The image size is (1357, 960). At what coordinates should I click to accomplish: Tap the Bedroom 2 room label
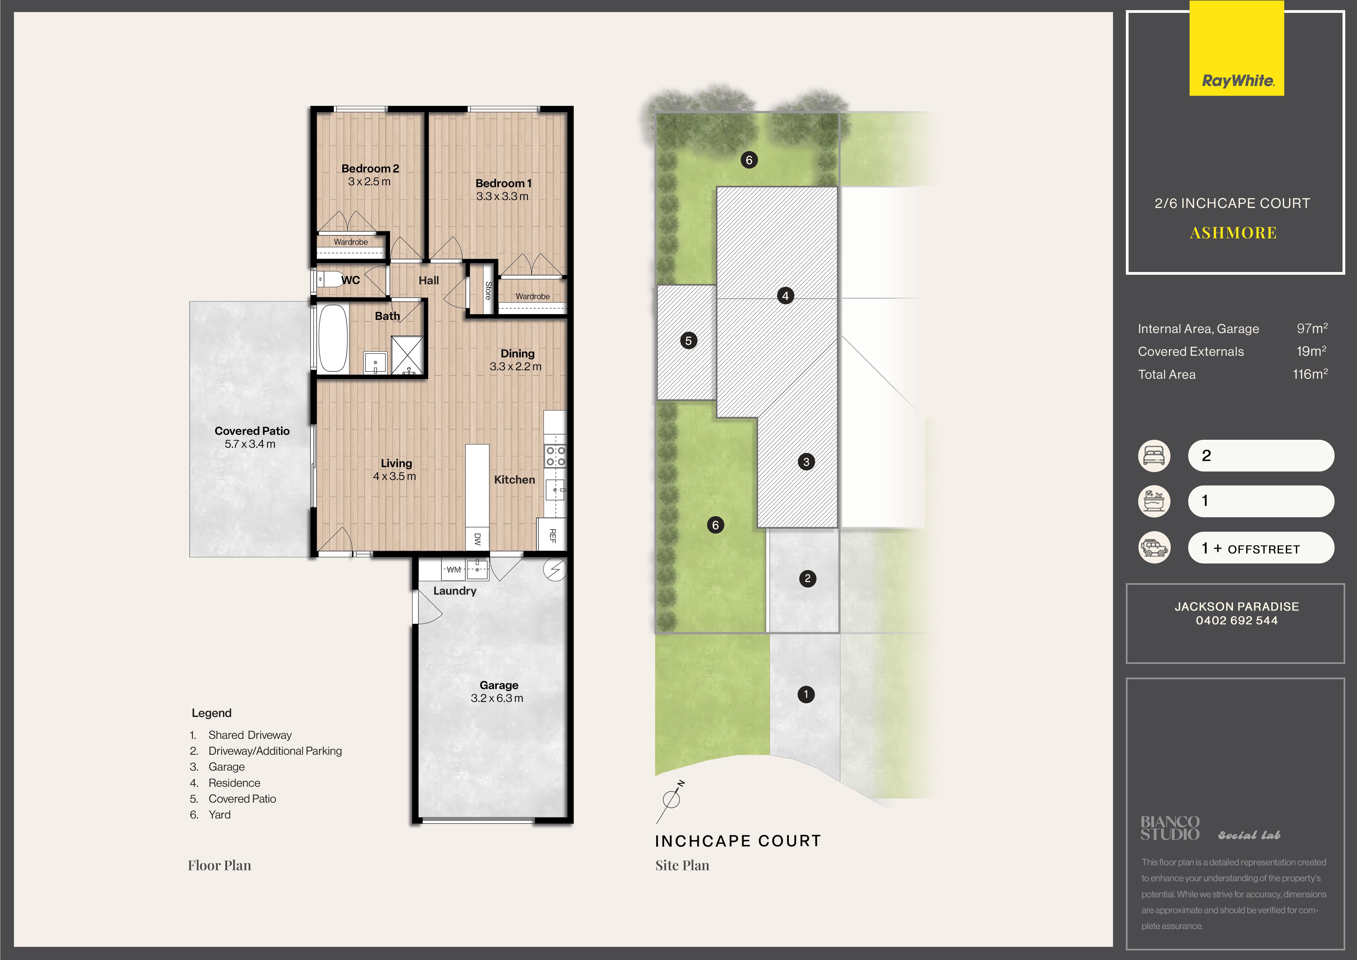[x=370, y=169]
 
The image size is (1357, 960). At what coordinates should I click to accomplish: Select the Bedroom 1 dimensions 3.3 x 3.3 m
[x=502, y=196]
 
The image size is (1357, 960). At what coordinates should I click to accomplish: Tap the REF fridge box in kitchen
[x=551, y=535]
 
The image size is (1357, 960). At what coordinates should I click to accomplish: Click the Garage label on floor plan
[x=499, y=685]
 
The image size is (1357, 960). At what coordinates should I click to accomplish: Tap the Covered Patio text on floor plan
[x=252, y=431]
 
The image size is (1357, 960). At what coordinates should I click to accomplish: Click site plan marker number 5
[x=688, y=340]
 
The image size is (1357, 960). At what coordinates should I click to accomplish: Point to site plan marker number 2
[x=807, y=579]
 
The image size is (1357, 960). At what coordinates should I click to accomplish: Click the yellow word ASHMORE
[x=1233, y=233]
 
